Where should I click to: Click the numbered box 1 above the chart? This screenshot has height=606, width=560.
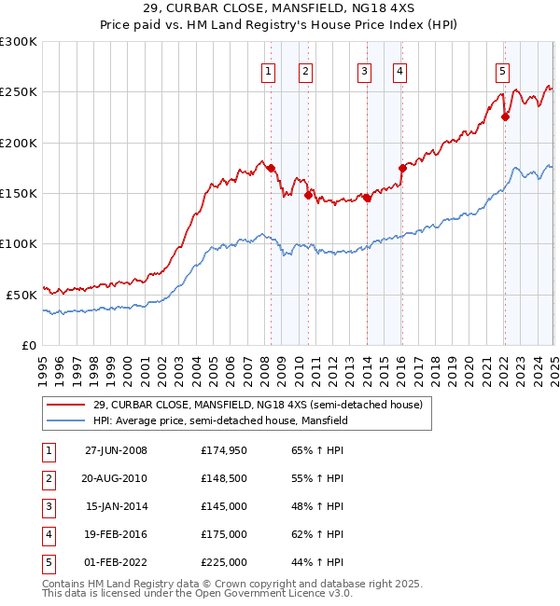tap(268, 71)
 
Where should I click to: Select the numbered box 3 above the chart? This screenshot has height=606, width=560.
tap(364, 71)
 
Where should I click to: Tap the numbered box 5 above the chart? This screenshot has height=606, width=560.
tap(502, 71)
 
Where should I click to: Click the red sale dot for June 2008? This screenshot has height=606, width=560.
tap(271, 168)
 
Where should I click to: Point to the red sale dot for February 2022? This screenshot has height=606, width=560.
tap(505, 117)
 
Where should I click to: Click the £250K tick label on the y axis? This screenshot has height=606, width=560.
tap(19, 92)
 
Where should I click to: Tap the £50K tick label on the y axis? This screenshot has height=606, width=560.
tap(21, 295)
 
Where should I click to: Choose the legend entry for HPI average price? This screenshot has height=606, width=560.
tap(220, 420)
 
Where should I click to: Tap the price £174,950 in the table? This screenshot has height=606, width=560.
tap(224, 450)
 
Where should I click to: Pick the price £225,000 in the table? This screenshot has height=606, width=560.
tap(224, 562)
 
